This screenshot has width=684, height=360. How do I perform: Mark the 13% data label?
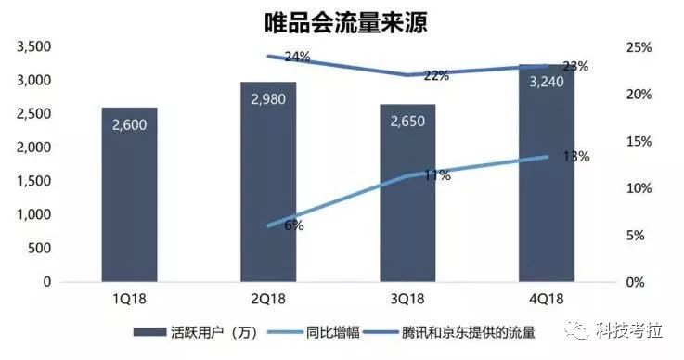(575, 157)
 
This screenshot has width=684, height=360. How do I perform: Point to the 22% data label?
(436, 75)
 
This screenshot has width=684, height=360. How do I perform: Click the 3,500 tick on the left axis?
(32, 46)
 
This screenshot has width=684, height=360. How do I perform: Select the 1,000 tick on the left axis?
(32, 214)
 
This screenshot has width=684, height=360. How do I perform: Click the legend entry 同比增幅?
(309, 330)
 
